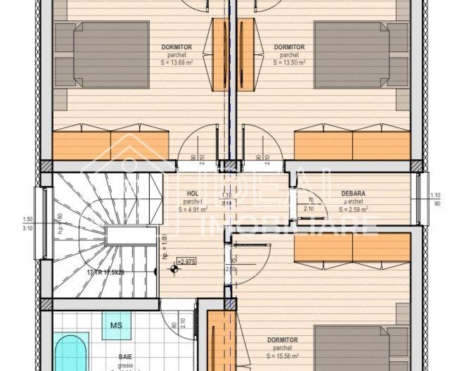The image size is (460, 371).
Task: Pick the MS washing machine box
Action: [115, 325]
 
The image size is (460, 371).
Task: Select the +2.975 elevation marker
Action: [186, 260]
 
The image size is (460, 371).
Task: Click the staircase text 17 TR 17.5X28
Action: [106, 272]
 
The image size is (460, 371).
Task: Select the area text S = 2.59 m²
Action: [353, 209]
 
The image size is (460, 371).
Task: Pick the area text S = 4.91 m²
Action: [193, 209]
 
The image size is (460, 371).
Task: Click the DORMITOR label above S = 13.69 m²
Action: [176, 47]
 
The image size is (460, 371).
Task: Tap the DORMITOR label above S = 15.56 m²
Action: [282, 340]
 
